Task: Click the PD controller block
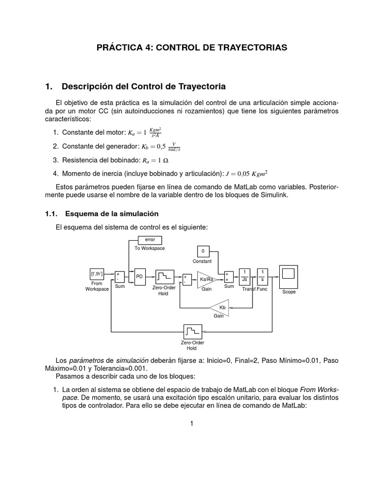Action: point(139,276)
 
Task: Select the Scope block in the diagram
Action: point(288,276)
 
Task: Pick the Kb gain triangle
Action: point(221,307)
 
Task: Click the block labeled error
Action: point(150,240)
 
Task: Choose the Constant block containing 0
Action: point(203,251)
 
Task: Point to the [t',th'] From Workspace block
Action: point(97,274)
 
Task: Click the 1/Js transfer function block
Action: point(244,276)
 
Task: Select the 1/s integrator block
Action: point(262,276)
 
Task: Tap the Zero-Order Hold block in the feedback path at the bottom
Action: point(192,333)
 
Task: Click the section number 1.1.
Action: point(51,213)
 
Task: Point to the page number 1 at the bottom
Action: point(192,424)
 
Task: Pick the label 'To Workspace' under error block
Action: point(150,248)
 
